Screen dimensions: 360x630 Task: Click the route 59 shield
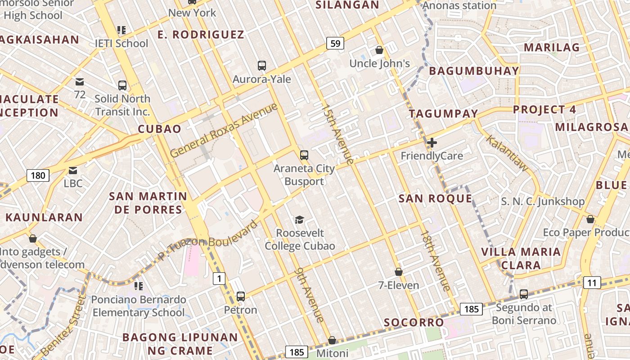[x=335, y=43]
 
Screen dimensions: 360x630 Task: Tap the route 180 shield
[x=38, y=175]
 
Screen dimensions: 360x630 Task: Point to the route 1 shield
[x=219, y=279]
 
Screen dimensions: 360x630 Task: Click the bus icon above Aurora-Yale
[x=262, y=66]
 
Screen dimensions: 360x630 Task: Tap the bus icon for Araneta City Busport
[x=304, y=155]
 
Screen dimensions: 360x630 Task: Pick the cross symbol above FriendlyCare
[x=432, y=143]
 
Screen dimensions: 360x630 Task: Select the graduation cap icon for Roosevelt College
[x=299, y=220]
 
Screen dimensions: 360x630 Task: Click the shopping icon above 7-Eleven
[x=398, y=272]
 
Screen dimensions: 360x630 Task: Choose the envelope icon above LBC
[x=73, y=171]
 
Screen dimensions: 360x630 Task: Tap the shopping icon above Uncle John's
[x=379, y=50]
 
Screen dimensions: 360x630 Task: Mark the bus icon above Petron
[x=241, y=297]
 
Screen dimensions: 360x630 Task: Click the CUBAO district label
[x=159, y=129]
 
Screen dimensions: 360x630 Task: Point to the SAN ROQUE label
[x=435, y=198]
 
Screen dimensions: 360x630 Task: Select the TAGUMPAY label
[x=443, y=114]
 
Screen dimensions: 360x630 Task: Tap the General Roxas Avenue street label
[x=224, y=130]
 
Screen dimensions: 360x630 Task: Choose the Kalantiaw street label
[x=508, y=153]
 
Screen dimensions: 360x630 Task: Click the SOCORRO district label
[x=414, y=322]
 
